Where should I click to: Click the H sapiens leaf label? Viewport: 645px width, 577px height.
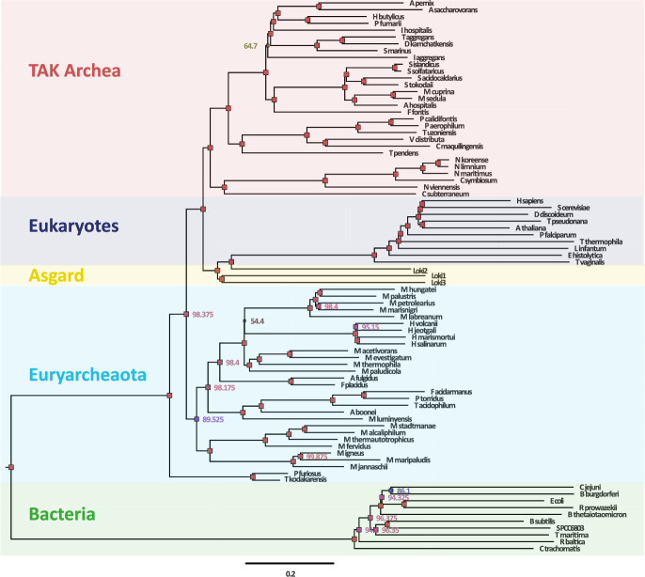tap(531, 201)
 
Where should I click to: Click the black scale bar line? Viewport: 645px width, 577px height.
tap(291, 562)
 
